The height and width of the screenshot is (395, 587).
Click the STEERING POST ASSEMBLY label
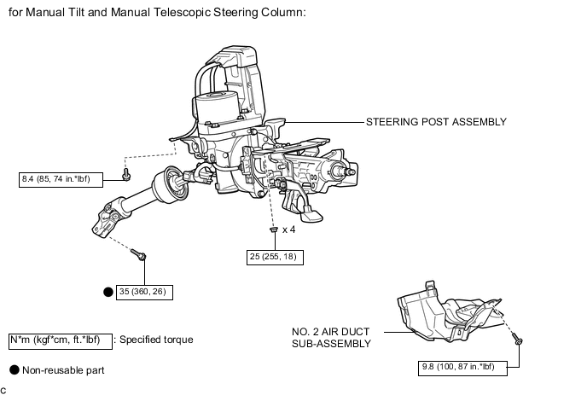436,122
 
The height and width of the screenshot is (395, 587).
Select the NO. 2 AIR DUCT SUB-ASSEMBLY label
331,338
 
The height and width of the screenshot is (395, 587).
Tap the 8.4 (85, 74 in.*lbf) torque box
61,180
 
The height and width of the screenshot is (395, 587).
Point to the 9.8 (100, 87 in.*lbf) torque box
462,368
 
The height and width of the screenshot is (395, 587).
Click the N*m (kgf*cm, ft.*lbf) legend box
61,341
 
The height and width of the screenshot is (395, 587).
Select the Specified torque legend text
156,340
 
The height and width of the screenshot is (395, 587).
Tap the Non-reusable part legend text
63,370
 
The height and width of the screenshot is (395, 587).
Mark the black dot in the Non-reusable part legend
15,370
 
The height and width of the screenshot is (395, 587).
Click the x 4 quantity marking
288,229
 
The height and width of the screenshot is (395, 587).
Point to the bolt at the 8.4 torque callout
126,175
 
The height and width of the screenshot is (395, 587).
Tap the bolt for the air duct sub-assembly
519,340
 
